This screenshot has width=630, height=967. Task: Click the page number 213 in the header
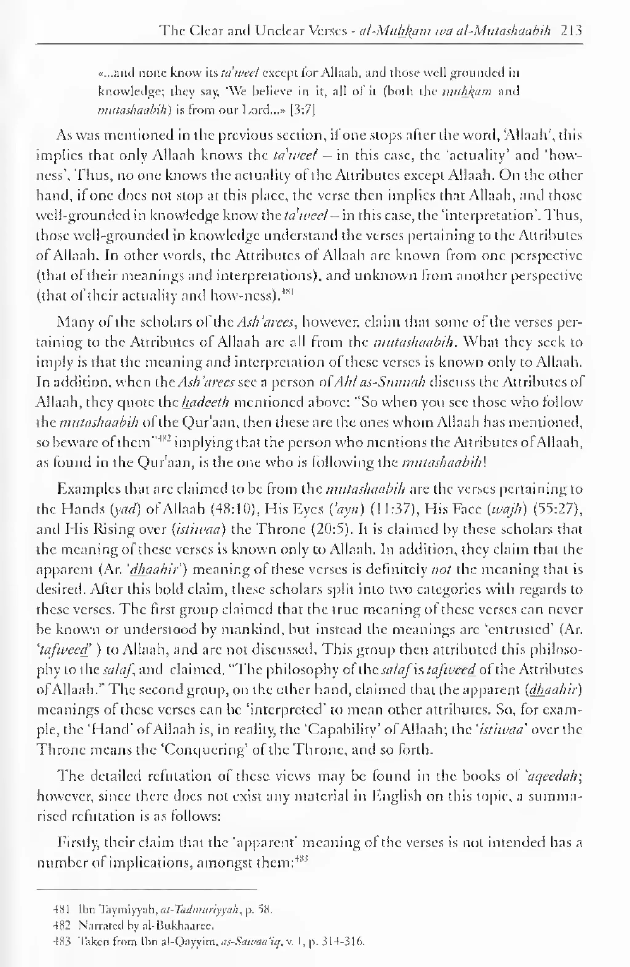571,30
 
